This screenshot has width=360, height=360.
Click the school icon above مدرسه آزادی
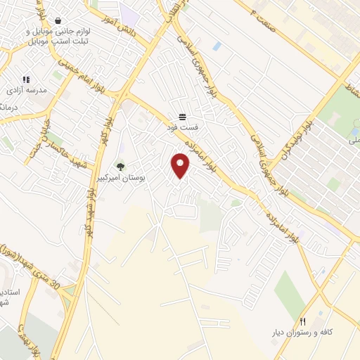click(26, 80)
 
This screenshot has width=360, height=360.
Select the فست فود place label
click(182, 127)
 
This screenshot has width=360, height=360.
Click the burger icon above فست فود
click(182, 117)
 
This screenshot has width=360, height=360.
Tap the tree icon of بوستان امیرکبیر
click(120, 167)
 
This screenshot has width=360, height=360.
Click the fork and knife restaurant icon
click(303, 321)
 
